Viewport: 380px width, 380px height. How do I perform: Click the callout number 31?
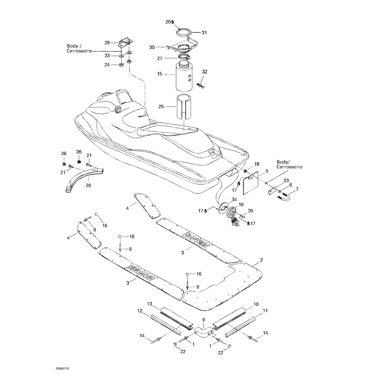click(x=204, y=32)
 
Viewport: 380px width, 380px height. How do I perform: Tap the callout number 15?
click(x=160, y=74)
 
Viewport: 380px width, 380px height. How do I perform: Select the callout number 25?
click(x=161, y=107)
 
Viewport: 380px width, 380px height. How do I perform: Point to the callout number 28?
click(x=88, y=185)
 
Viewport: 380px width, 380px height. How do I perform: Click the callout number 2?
click(x=261, y=260)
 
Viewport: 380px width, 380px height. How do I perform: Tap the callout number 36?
click(x=79, y=152)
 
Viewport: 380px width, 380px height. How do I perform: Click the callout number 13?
click(x=150, y=304)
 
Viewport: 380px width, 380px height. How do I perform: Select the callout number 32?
click(x=205, y=72)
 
